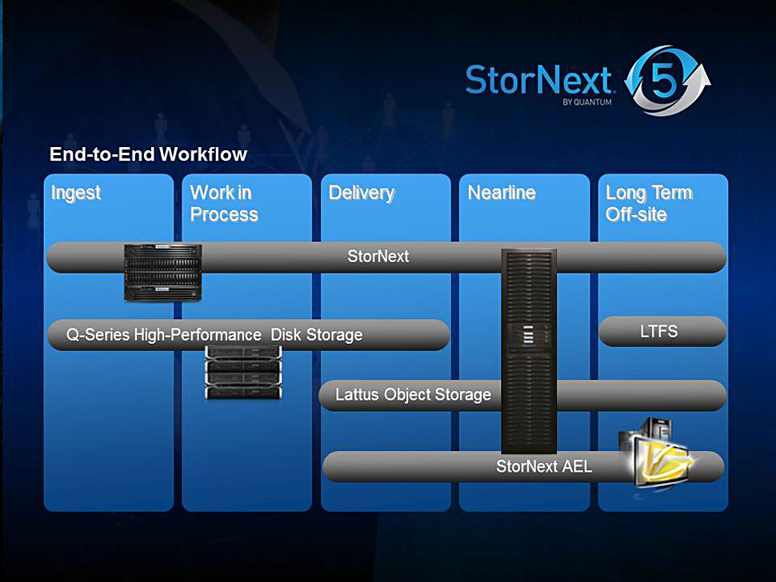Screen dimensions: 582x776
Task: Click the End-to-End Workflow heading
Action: [x=148, y=154]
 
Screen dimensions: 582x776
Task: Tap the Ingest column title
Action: [x=76, y=193]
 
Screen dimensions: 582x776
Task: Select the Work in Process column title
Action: [x=224, y=204]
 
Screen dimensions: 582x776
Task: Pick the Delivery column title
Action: [x=361, y=193]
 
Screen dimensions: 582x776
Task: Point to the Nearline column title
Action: [x=502, y=193]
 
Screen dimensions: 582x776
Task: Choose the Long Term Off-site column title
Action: [x=648, y=204]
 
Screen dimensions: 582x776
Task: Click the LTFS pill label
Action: [x=658, y=331]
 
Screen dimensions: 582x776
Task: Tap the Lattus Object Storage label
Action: [x=413, y=395]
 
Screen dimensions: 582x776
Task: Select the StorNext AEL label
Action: [x=544, y=466]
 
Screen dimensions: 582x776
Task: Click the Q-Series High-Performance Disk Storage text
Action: [x=214, y=335]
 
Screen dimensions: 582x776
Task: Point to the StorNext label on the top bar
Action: [x=378, y=257]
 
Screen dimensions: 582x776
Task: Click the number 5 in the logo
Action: [x=662, y=82]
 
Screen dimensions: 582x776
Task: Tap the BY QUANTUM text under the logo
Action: [x=588, y=102]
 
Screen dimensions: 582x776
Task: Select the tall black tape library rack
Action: [x=528, y=352]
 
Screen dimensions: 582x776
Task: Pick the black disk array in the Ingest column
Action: [x=162, y=272]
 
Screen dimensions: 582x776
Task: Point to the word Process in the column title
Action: [x=224, y=215]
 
